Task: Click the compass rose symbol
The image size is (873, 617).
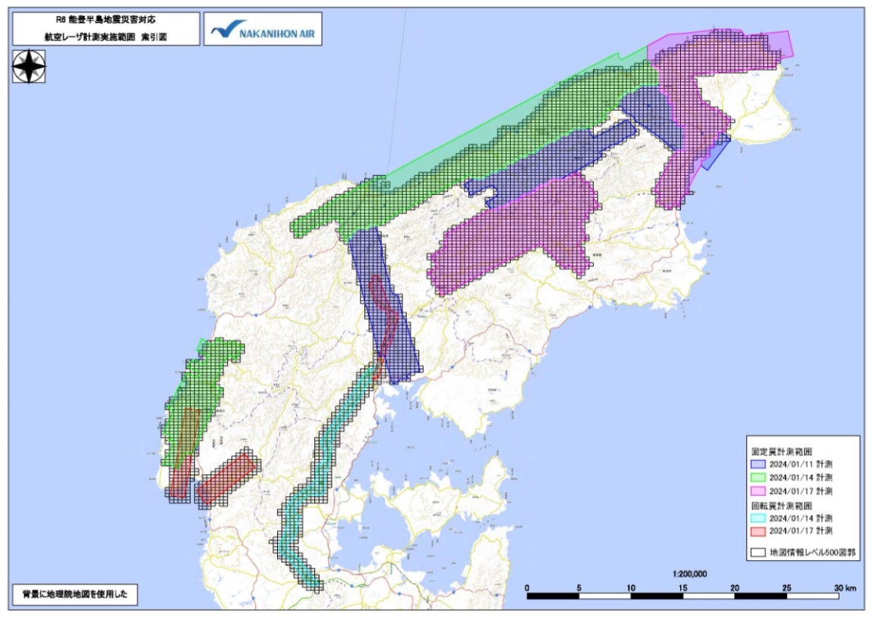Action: [x=29, y=67]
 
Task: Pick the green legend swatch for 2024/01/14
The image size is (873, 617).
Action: [x=758, y=478]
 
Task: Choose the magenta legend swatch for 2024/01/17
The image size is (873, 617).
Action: [x=758, y=491]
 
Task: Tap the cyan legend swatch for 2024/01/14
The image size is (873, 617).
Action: [x=758, y=518]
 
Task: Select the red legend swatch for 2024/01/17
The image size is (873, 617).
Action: [x=758, y=530]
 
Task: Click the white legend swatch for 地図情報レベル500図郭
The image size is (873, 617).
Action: [x=758, y=553]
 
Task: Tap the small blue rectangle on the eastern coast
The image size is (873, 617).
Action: [x=714, y=153]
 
